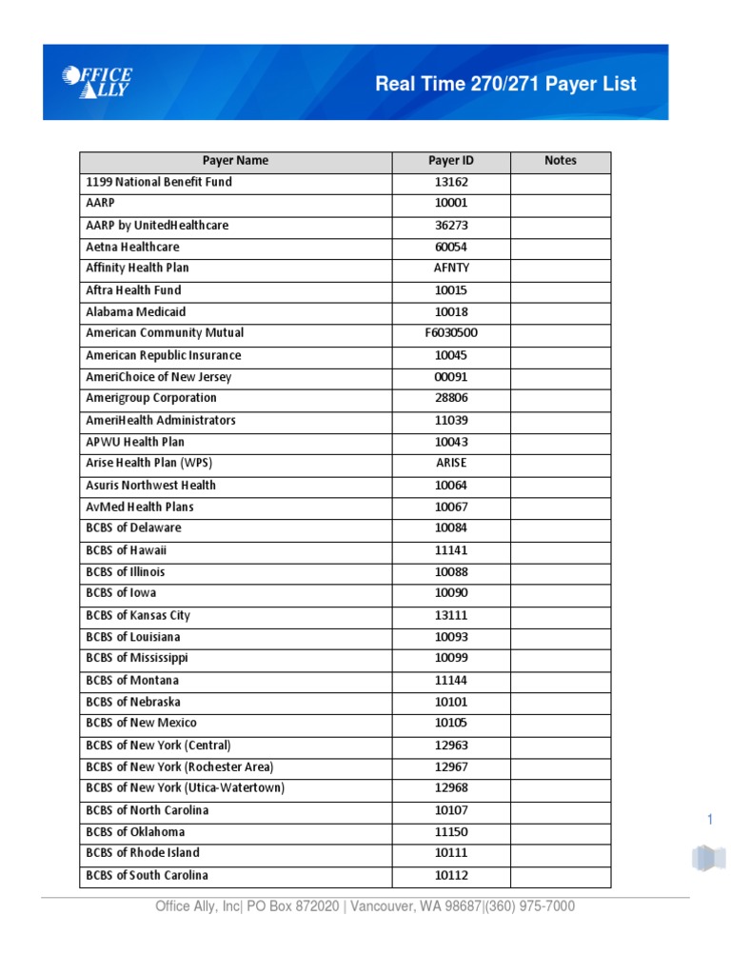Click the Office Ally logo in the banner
[97, 82]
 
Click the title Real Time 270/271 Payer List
[505, 84]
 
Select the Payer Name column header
[235, 161]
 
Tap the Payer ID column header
[451, 161]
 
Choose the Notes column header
[561, 161]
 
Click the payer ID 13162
[451, 182]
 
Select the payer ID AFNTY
[451, 269]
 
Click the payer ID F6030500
[451, 333]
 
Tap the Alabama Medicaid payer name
[135, 311]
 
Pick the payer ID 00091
[451, 377]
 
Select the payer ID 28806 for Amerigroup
[451, 398]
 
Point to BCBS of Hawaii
[127, 550]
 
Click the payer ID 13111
[451, 615]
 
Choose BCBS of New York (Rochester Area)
[179, 766]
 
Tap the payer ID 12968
[451, 788]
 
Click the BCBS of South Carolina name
[147, 875]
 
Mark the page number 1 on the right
[709, 820]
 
